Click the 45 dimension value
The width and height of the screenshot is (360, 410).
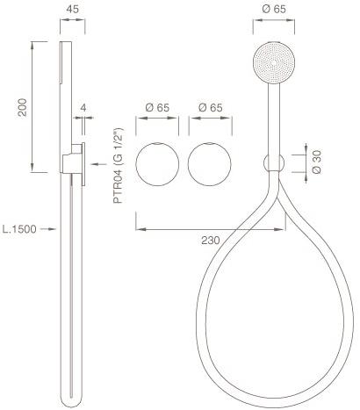click(72, 9)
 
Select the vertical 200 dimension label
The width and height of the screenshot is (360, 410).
click(22, 107)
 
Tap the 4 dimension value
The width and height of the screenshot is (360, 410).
click(83, 108)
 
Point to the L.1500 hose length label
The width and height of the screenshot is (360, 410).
click(19, 229)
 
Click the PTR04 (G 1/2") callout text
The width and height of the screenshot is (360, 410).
click(119, 166)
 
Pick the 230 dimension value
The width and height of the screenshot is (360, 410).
click(210, 241)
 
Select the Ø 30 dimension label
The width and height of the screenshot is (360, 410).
click(317, 162)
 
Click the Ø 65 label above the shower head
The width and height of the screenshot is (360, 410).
click(274, 9)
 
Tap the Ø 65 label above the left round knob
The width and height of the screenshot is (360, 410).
click(157, 108)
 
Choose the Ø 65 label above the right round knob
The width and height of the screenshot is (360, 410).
click(210, 108)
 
